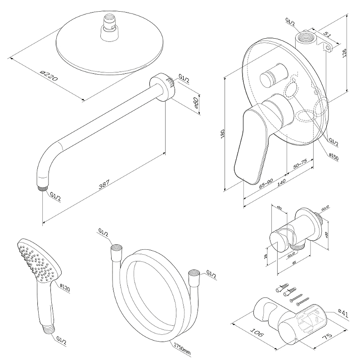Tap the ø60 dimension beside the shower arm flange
(196, 104)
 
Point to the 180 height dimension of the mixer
(222, 134)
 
